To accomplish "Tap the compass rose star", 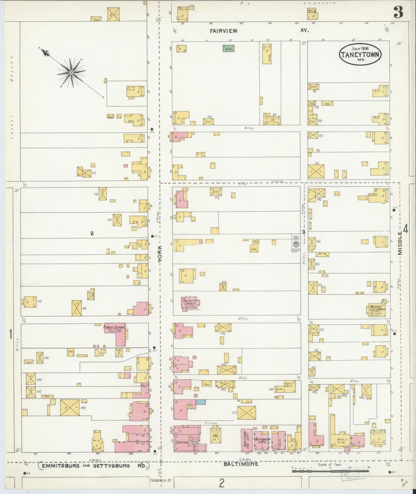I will [x=71, y=73].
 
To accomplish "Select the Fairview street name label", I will [x=223, y=31].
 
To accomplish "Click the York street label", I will [x=160, y=254].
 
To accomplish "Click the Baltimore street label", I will [x=241, y=464].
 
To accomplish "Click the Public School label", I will [x=115, y=327].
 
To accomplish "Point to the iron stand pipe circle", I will [x=296, y=243].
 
